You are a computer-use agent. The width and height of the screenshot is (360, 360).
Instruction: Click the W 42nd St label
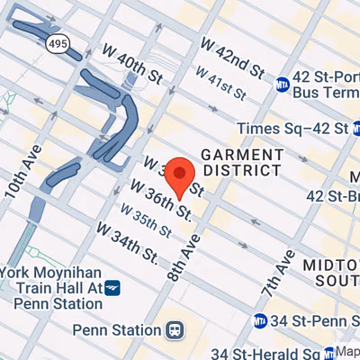pos(233,60)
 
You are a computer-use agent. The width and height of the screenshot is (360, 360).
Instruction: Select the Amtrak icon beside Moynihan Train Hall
pos(112,287)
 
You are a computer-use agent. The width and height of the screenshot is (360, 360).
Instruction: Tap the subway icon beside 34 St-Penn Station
pos(260,320)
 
